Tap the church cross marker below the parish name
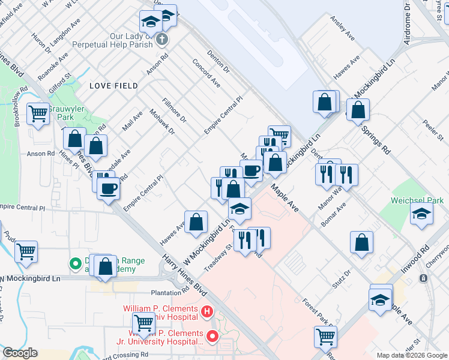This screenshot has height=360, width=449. click(x=161, y=40)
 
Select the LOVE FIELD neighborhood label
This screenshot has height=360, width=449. click(x=109, y=86)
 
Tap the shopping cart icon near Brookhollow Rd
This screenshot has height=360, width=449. click(x=38, y=113)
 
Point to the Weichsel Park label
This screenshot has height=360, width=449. click(x=417, y=200)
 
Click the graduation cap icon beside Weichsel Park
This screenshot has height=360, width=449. click(x=422, y=214)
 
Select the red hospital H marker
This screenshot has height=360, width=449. click(x=206, y=311)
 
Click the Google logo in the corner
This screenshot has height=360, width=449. click(x=20, y=353)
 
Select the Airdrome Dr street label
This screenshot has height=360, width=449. click(x=408, y=22)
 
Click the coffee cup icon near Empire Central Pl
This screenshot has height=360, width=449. click(x=109, y=188)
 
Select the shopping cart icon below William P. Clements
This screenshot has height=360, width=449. click(x=144, y=324)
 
